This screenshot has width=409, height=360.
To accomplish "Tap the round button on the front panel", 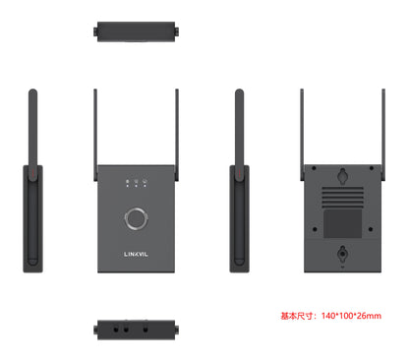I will pyautogui.click(x=136, y=217).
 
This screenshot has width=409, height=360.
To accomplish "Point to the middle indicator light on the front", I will pyautogui.click(x=136, y=184).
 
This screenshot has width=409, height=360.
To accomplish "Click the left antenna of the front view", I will pyautogui.click(x=96, y=128).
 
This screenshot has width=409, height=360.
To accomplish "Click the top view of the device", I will pyautogui.click(x=137, y=31).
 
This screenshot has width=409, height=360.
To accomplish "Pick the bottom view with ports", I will pyautogui.click(x=137, y=329).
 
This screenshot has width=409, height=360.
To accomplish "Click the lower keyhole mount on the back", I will pyautogui.click(x=341, y=253).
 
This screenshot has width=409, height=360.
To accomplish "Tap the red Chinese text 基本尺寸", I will pyautogui.click(x=294, y=316).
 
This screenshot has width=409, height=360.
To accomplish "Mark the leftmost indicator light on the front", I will pyautogui.click(x=126, y=184).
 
